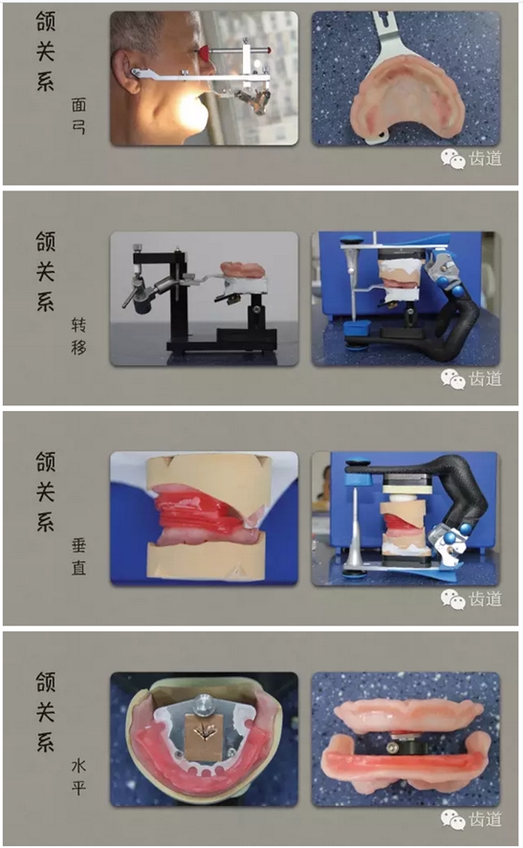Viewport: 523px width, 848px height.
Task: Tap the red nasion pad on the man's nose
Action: coord(205,52)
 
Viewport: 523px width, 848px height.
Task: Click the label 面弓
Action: coord(78,116)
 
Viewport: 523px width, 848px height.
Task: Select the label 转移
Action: coord(78,336)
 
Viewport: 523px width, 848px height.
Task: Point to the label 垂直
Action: coord(78,557)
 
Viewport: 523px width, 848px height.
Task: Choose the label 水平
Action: coord(78,777)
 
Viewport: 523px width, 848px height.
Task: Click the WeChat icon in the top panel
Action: coord(453,159)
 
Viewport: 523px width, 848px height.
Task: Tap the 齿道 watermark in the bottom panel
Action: coord(485,819)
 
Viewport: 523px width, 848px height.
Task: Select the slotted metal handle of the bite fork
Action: coord(385,34)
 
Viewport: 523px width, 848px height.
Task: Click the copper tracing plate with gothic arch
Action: coord(205,730)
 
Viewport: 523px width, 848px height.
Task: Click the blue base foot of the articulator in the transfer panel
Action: coord(358,329)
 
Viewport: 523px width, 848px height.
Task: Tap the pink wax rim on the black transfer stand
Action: coord(242,269)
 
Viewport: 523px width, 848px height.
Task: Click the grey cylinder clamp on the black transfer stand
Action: coord(142,305)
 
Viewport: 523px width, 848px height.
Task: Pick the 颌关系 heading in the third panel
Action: coord(46,491)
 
